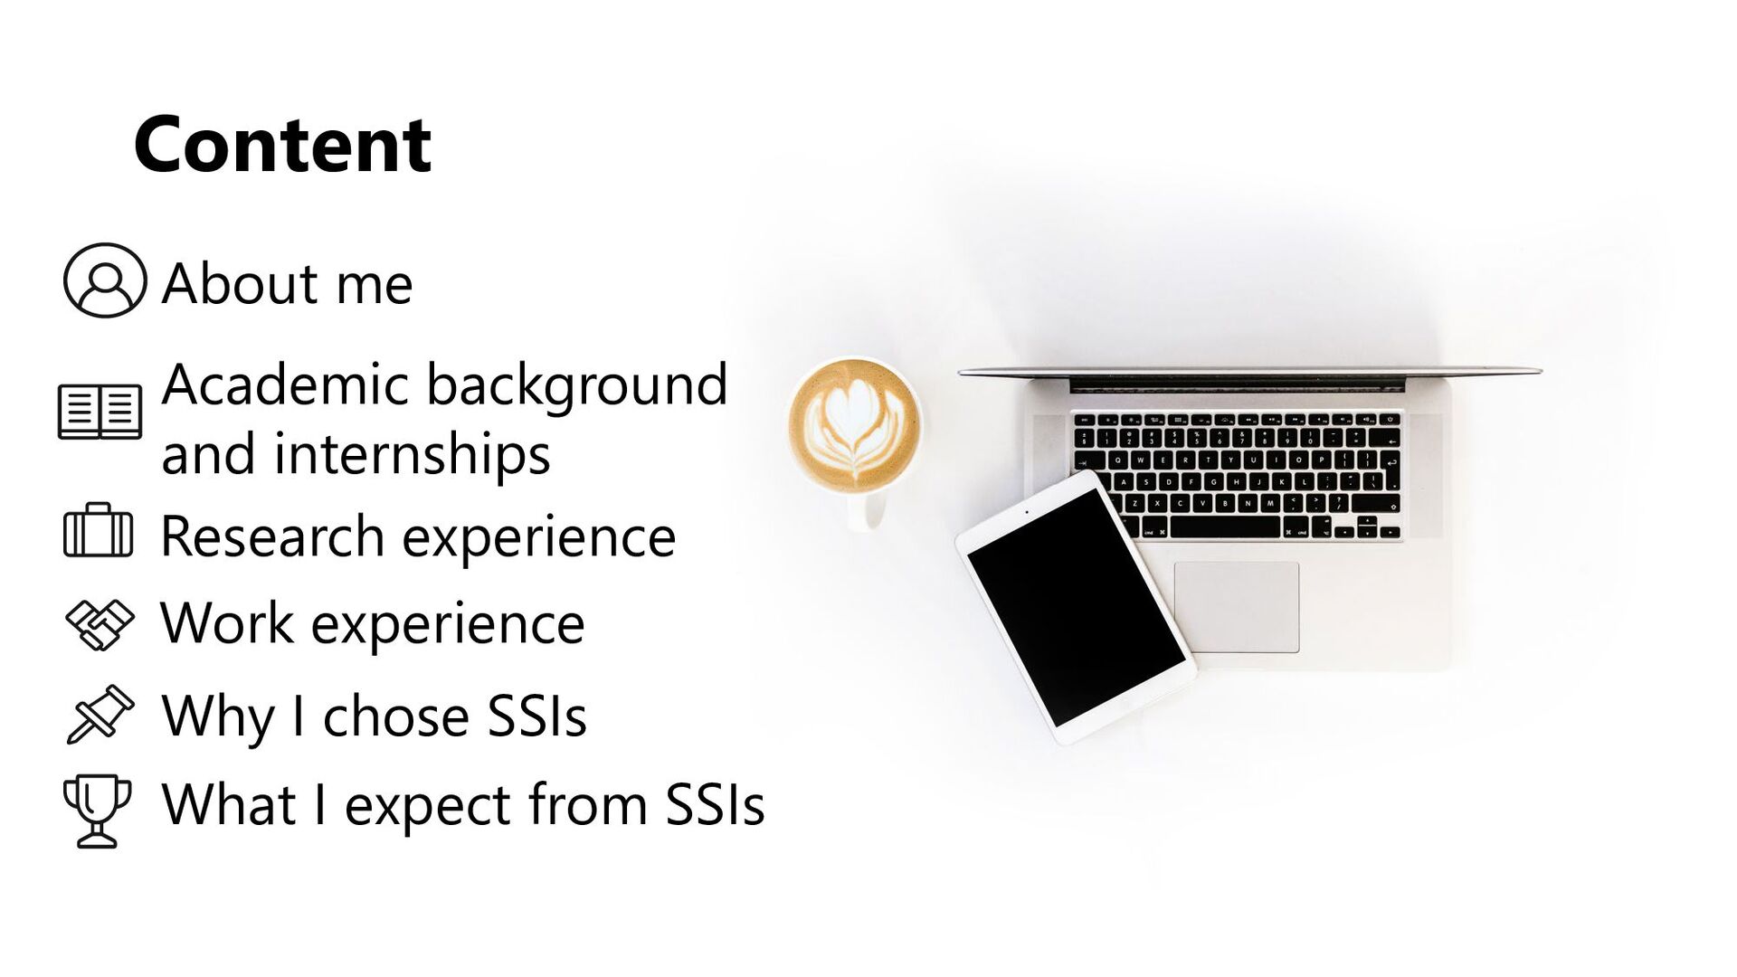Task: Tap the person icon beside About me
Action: point(105,280)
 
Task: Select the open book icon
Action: point(100,412)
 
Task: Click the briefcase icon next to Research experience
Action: point(99,532)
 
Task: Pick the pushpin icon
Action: point(100,715)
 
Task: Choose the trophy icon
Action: point(97,810)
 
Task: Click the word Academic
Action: point(286,384)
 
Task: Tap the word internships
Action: point(412,454)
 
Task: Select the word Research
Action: point(272,536)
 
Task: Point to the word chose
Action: point(396,716)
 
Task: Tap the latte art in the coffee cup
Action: point(854,425)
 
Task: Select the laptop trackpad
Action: point(1236,606)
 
